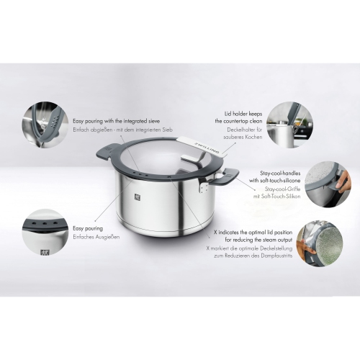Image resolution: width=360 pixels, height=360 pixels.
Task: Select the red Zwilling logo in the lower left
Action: click(45, 253)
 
